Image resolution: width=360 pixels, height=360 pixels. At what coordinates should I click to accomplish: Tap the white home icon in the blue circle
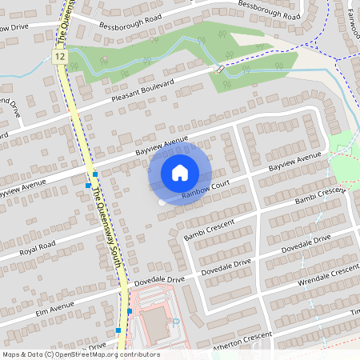[180, 172]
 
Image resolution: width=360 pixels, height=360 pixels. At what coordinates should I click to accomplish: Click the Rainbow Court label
[206, 189]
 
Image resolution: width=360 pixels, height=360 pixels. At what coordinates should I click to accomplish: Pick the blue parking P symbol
[175, 322]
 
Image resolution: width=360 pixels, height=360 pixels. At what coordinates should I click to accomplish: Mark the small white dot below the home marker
[162, 203]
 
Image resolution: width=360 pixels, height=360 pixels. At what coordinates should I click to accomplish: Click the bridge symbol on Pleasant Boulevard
[218, 69]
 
